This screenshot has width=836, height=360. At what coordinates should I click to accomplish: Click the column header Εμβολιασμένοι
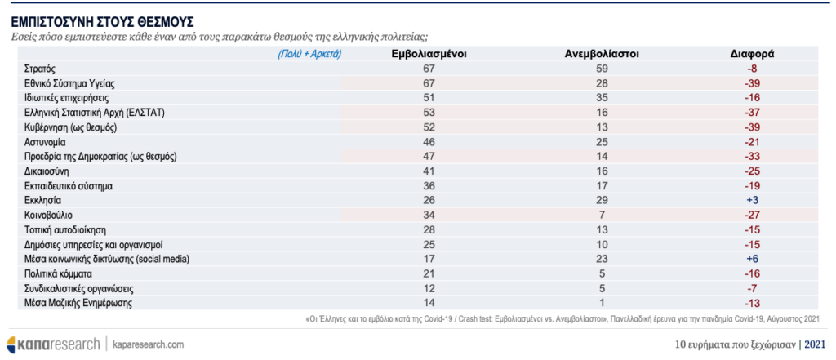pos(429,54)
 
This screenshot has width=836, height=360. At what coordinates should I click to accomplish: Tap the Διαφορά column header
pos(752,54)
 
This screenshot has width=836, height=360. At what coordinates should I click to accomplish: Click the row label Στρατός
pos(40,69)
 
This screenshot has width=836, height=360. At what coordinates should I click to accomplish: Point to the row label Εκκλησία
pos(42,201)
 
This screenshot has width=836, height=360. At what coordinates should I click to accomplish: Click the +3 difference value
pos(752,201)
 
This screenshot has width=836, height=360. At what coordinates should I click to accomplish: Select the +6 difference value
pos(752,260)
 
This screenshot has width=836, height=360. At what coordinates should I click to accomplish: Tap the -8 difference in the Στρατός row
pos(752,69)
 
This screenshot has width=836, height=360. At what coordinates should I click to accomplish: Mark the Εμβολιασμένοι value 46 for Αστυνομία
pos(429,142)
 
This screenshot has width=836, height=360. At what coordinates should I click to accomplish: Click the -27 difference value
pos(752,216)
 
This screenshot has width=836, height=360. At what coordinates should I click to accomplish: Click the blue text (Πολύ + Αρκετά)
pos(309,55)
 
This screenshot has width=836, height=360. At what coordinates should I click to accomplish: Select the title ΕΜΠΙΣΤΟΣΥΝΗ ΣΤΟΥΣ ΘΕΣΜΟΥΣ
pos(102,22)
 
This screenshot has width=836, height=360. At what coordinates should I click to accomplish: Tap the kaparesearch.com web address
pos(149,344)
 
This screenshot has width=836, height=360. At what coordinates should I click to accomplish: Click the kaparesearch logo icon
pos(13,344)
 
